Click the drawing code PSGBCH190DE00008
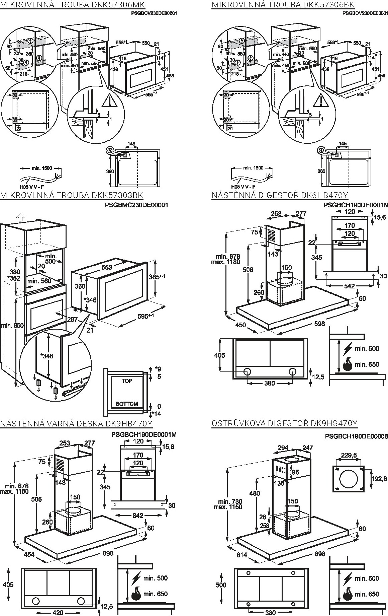(356, 436)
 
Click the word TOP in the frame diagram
(127, 381)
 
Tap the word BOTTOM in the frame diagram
(127, 404)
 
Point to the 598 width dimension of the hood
(319, 324)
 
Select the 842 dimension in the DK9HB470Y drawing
(138, 516)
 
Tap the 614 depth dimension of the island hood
(242, 555)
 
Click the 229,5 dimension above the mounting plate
(349, 455)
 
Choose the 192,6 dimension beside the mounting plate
(379, 479)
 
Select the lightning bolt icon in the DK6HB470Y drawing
(348, 349)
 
